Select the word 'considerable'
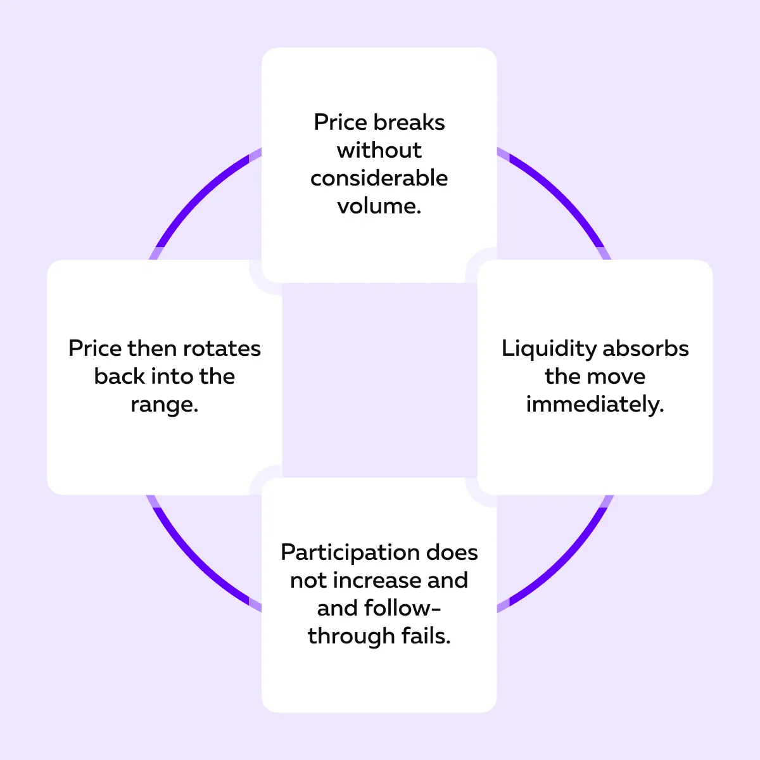[x=379, y=178]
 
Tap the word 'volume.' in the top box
[x=379, y=206]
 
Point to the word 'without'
[x=379, y=150]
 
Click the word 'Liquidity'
[x=548, y=349]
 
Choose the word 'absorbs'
[x=645, y=348]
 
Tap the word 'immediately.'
[x=595, y=404]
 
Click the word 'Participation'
[x=350, y=553]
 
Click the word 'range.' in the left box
[x=165, y=404]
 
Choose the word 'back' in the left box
[x=118, y=376]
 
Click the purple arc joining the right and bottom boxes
[x=560, y=560]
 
